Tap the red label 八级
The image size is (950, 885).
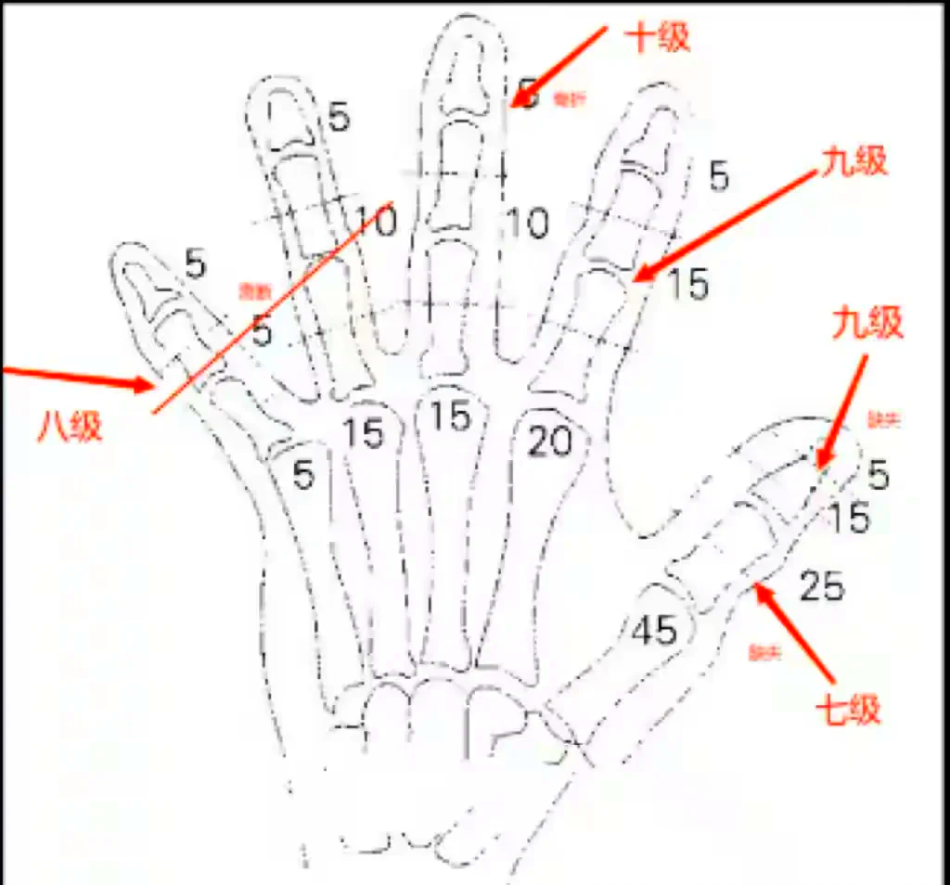tap(70, 427)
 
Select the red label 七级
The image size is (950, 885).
tap(846, 711)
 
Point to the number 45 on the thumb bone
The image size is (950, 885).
tap(654, 631)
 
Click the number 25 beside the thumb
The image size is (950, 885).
tap(821, 586)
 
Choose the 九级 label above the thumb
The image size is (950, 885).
tap(867, 325)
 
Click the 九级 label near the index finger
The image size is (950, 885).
tap(854, 161)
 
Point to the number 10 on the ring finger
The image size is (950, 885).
tap(376, 221)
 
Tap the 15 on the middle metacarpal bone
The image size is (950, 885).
tap(450, 417)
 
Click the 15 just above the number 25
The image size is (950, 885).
tap(848, 519)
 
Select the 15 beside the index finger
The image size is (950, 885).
tap(687, 285)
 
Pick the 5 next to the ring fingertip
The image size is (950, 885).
tap(340, 118)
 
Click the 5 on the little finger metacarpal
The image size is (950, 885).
tap(303, 475)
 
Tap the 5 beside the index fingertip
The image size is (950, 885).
tap(719, 176)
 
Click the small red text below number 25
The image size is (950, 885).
tap(765, 654)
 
